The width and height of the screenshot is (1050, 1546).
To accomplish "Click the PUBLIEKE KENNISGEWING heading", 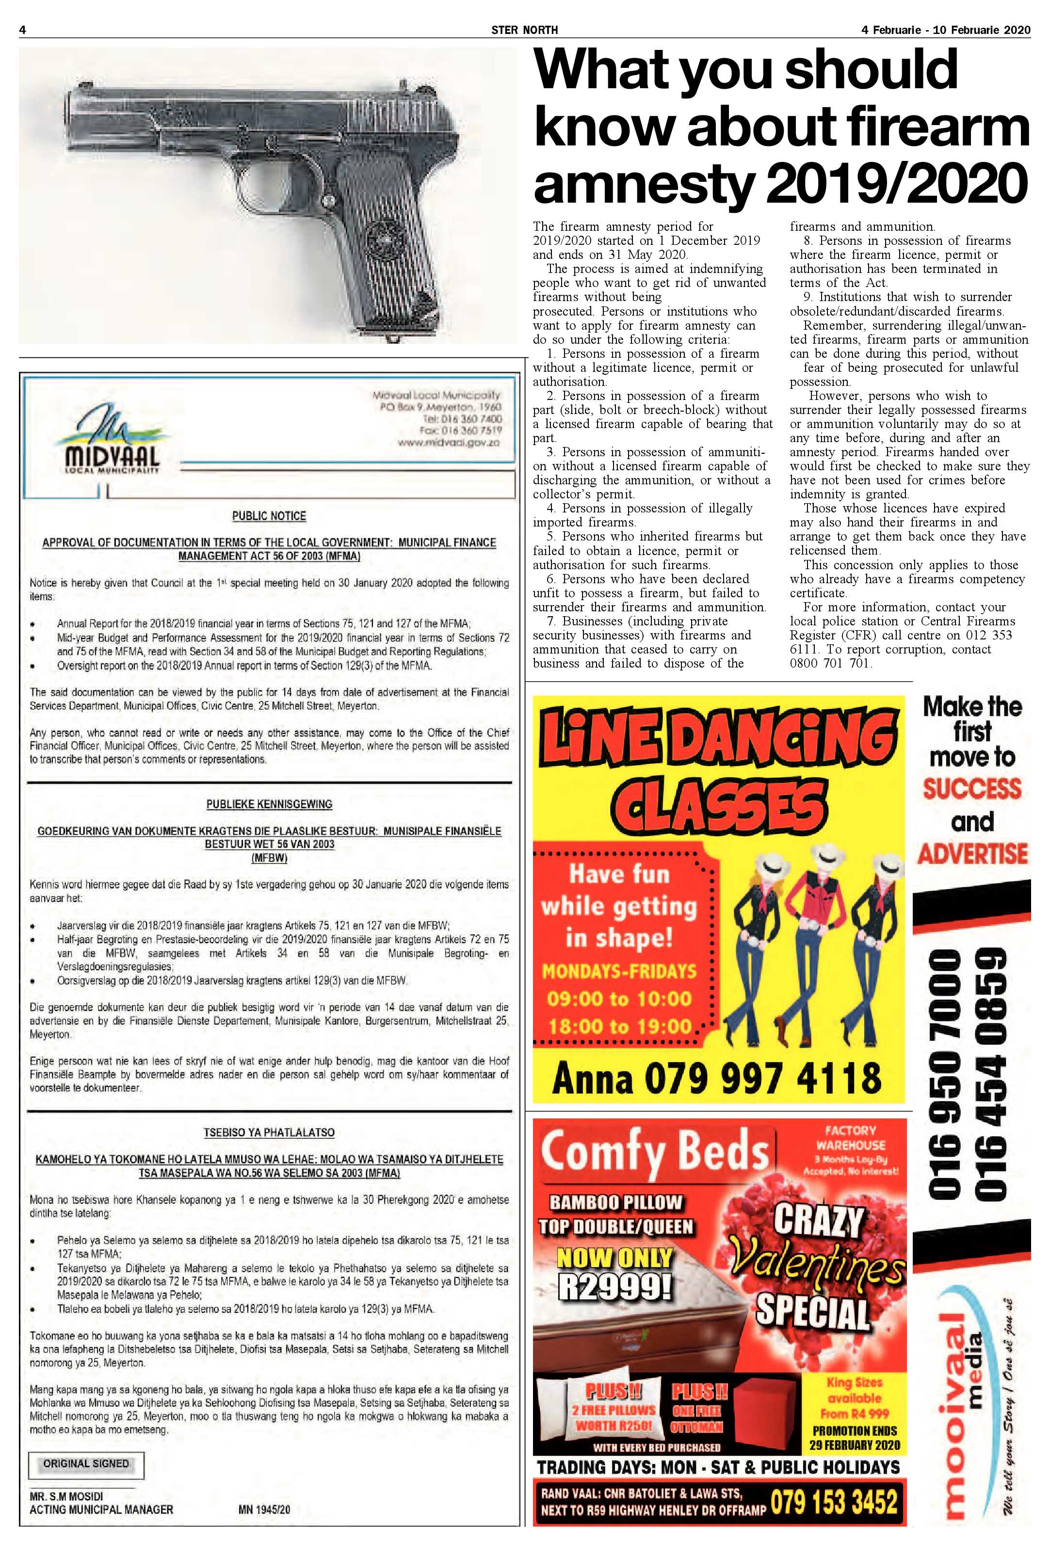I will coord(269,804).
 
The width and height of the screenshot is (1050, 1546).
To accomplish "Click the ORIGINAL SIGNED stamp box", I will coord(86,1464).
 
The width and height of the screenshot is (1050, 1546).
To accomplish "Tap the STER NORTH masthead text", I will coord(524,29).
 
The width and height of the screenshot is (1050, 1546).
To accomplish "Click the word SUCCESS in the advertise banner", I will coord(971,788).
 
